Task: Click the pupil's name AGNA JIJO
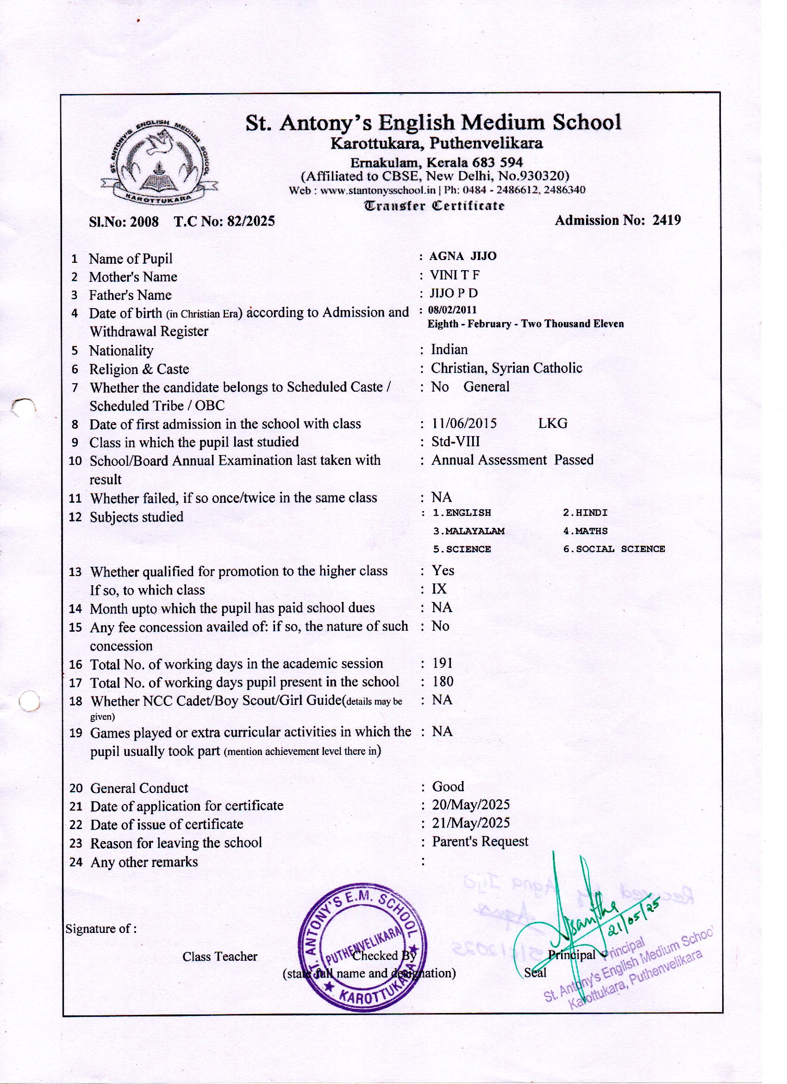click(463, 256)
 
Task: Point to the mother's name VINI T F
click(455, 275)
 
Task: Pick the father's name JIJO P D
click(454, 293)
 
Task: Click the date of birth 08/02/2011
click(452, 310)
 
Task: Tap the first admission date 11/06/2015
click(464, 424)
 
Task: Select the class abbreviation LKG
click(553, 424)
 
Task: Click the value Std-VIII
click(456, 442)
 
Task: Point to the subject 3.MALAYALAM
click(468, 531)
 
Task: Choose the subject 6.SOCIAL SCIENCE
click(614, 549)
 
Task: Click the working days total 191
click(442, 663)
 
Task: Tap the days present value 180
click(443, 681)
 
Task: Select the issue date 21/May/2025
click(471, 823)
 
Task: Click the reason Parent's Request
click(480, 841)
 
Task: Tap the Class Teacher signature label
click(220, 957)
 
